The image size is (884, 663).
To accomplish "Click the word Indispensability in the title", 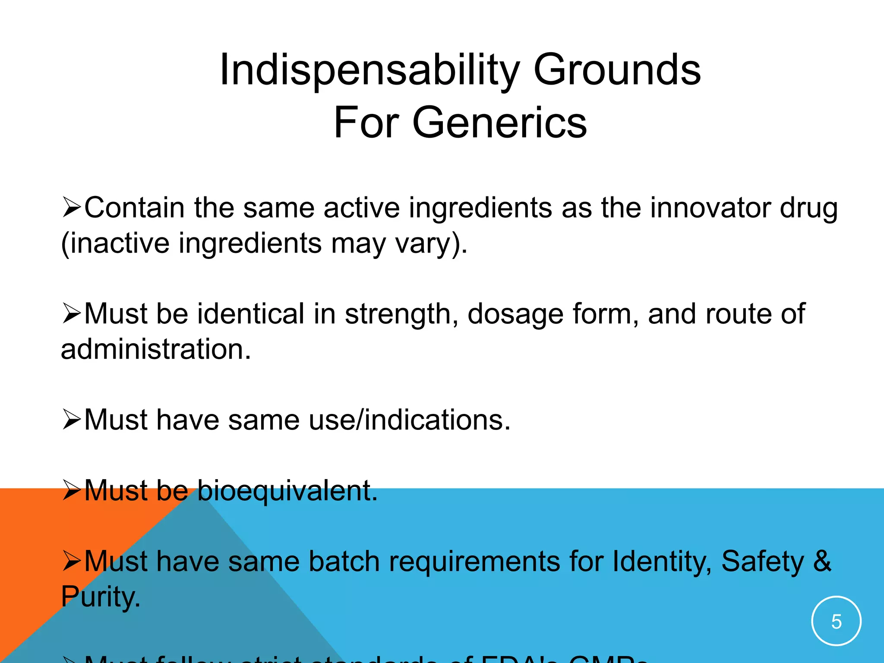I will point(369,70).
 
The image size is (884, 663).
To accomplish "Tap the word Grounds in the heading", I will point(617,70).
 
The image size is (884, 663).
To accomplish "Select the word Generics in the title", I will point(499,123).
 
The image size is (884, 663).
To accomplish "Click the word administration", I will point(156,349).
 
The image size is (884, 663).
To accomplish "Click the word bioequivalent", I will point(287,491).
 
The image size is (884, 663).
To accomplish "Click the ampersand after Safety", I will point(822,562).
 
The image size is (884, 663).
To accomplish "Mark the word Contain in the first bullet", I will point(135,208).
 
